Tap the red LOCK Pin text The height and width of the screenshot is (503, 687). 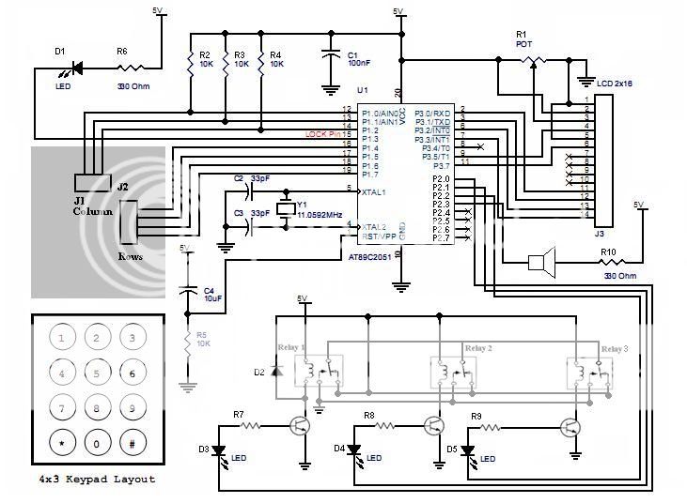322,134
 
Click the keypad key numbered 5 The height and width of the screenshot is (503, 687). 98,373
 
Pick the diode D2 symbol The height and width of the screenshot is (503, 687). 275,372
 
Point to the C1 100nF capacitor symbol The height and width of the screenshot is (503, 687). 330,55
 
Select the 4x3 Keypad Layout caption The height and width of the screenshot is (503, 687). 97,479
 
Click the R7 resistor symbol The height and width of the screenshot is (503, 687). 250,425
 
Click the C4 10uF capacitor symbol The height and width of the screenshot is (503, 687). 188,290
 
